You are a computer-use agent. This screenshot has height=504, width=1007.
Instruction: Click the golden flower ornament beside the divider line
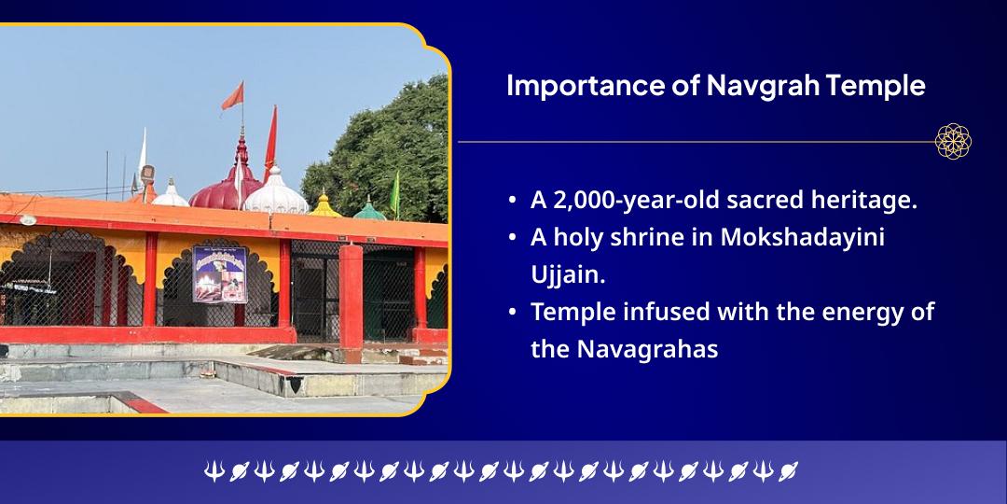coord(953,141)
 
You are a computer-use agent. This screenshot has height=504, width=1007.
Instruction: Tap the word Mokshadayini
coord(802,237)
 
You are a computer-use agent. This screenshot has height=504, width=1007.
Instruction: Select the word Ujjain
coord(563,274)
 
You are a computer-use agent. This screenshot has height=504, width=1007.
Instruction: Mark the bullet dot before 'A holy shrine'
coord(514,238)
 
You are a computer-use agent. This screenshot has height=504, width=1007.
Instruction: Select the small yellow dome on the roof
coord(324,206)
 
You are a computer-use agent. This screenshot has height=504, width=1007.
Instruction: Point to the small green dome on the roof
coord(369,209)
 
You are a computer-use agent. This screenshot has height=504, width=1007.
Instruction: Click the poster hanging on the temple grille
coord(219,273)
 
